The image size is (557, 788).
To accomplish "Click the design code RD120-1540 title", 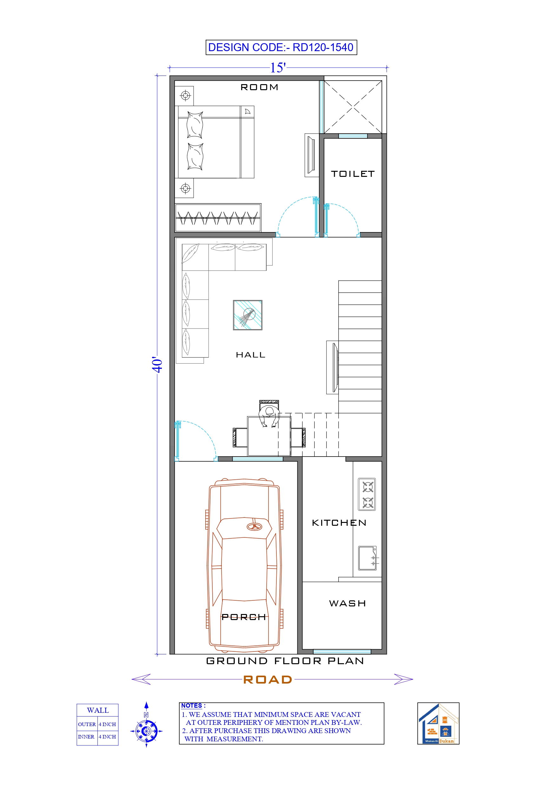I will pyautogui.click(x=281, y=47).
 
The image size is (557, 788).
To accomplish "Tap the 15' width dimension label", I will pyautogui.click(x=278, y=68).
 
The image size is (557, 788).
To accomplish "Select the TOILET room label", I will pyautogui.click(x=353, y=174).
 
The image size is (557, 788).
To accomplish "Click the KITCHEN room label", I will pyautogui.click(x=339, y=523).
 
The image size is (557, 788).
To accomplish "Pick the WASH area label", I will pyautogui.click(x=347, y=603).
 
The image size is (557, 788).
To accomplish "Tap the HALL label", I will pyautogui.click(x=250, y=355).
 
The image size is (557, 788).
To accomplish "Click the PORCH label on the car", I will pyautogui.click(x=244, y=617).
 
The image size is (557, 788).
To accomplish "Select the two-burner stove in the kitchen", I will pyautogui.click(x=367, y=494).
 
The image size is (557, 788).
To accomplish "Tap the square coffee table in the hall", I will pyautogui.click(x=248, y=315).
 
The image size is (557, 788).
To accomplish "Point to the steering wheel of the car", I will pyautogui.click(x=254, y=527).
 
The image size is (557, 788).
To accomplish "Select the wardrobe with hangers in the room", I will pyautogui.click(x=218, y=217).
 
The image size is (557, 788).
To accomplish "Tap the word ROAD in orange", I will pyautogui.click(x=267, y=679).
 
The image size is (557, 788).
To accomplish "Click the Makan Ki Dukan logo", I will pyautogui.click(x=438, y=723).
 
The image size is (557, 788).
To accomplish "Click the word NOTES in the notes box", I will pyautogui.click(x=191, y=706).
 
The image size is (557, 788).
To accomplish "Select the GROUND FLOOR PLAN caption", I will pyautogui.click(x=285, y=661).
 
